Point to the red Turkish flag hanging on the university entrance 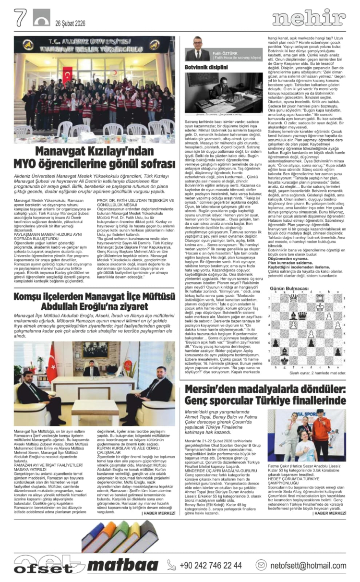coord(67,75)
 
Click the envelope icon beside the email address coord(261,565)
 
